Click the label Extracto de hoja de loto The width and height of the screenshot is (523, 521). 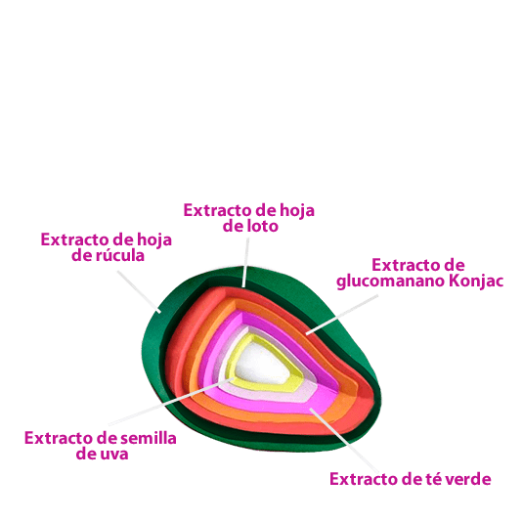point(249,218)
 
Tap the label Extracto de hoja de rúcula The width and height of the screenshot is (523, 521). point(107,247)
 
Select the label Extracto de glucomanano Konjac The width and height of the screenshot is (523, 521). point(419,274)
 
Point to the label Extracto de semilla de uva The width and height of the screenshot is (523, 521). point(101,446)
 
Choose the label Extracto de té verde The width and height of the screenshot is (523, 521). point(411,479)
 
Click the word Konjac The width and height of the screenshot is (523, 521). point(476,282)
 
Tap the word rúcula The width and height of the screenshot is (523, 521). point(120,255)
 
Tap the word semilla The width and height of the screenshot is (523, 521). point(149,438)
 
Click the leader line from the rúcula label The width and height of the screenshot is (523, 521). point(139,291)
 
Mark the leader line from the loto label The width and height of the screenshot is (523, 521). point(245,262)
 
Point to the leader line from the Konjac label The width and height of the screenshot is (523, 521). point(342,315)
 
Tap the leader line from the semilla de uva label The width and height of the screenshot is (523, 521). point(171,402)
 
